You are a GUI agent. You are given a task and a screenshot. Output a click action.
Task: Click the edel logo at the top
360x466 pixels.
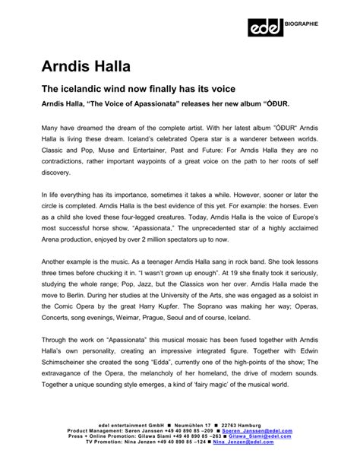coord(265,27)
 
